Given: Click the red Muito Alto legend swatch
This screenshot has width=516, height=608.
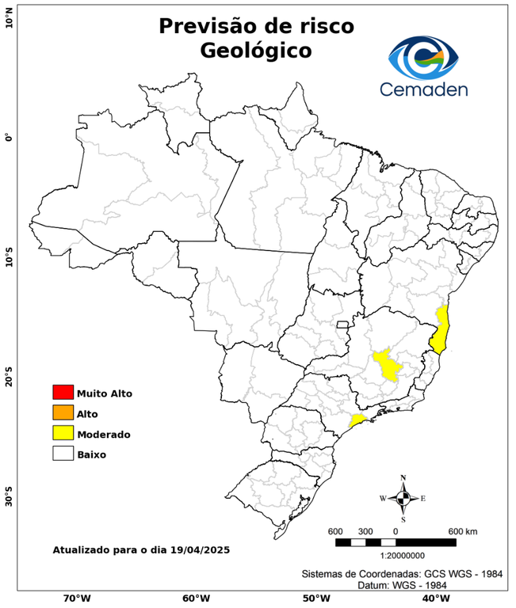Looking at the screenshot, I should click(63, 393).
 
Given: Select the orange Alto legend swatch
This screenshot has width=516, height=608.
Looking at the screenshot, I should click(63, 413).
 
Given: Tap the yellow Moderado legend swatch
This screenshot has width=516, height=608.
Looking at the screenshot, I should click(63, 434).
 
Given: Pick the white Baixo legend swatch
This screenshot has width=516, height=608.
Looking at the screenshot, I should click(63, 454).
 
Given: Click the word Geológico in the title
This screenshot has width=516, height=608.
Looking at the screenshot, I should click(256, 51).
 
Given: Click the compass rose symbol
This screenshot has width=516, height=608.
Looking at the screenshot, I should click(403, 498).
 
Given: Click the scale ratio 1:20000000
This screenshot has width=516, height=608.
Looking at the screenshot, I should click(395, 556).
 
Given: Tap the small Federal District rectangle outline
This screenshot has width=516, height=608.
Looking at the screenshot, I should click(343, 324).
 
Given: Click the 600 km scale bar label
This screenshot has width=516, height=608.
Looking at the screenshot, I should click(462, 530).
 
